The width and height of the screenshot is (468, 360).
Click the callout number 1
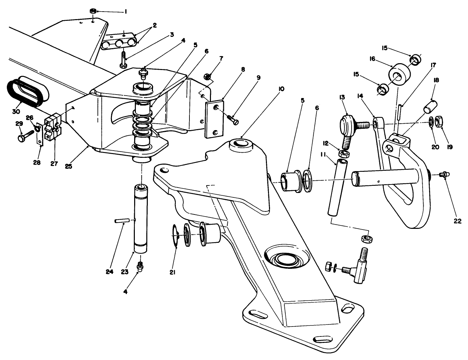(x=125, y=12)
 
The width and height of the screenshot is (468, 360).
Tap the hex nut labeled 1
(x=93, y=11)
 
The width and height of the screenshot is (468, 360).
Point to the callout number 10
(x=281, y=89)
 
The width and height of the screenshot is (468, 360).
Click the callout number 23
(x=124, y=272)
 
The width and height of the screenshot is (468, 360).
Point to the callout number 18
(x=436, y=81)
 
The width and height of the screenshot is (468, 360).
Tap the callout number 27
(x=54, y=163)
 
